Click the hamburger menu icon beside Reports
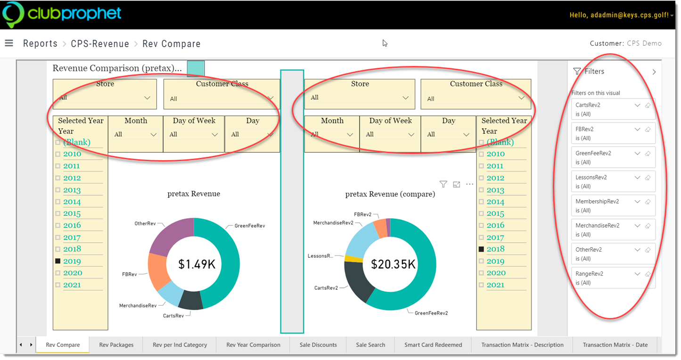click(9, 43)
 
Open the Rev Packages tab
click(116, 345)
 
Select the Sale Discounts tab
click(318, 345)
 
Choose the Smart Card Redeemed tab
click(433, 345)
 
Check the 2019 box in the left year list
click(58, 261)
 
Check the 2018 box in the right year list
click(481, 249)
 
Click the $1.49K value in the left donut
click(197, 264)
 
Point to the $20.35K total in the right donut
click(393, 264)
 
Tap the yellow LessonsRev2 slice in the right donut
click(353, 259)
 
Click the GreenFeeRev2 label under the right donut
click(431, 313)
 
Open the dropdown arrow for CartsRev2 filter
click(637, 105)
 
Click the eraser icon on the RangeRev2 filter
click(648, 274)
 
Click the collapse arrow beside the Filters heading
click(654, 72)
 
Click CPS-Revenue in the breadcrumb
click(100, 44)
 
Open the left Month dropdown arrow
click(154, 135)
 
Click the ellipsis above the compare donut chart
click(470, 184)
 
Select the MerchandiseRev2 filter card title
click(597, 226)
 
